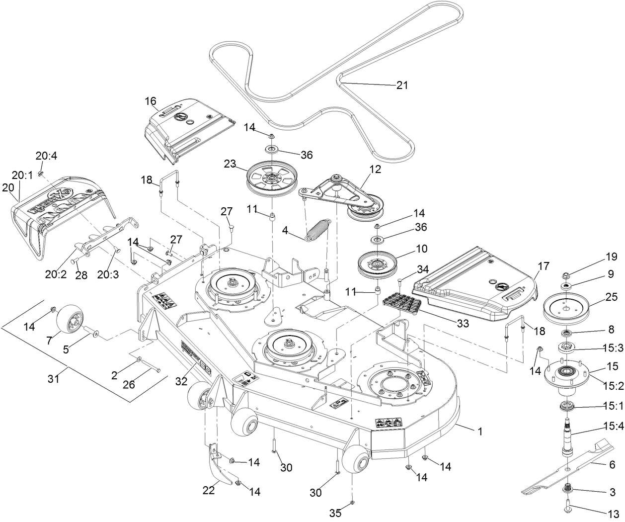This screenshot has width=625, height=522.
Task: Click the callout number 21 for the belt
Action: click(x=401, y=85)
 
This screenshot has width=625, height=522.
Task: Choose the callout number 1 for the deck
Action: click(x=479, y=432)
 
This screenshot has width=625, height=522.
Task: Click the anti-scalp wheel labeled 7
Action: click(x=70, y=321)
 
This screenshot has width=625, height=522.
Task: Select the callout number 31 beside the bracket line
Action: click(x=53, y=379)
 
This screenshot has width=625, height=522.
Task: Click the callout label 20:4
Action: click(x=46, y=156)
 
